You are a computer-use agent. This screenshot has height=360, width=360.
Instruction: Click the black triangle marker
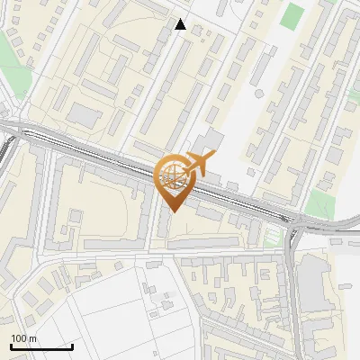coord(181,24)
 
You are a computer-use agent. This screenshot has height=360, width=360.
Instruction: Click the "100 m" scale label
coord(24,338)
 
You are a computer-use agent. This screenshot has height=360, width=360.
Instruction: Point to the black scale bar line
coord(41,346)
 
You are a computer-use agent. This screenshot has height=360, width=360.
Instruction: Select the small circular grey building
coord(259,93)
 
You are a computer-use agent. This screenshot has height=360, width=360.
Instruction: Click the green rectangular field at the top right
coord(292,16)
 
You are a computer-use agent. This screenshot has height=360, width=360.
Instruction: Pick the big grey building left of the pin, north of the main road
coord(85,115)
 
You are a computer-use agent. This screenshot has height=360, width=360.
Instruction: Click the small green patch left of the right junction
coord(271,236)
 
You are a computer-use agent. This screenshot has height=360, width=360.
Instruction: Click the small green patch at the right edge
coord(354,94)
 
